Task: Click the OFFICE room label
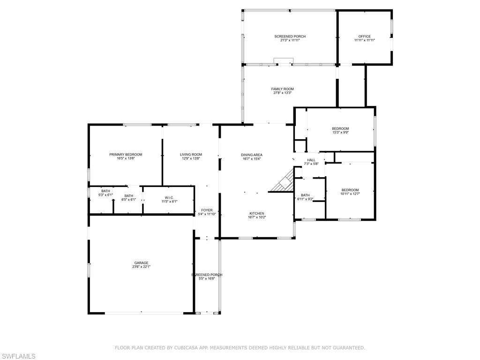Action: click(x=365, y=36)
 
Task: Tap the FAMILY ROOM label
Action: click(x=283, y=89)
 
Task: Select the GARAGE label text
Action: click(x=141, y=262)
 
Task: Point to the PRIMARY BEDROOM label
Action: click(x=126, y=155)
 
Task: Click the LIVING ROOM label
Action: click(x=191, y=155)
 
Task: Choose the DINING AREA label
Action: click(x=252, y=155)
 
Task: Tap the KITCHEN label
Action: click(x=257, y=213)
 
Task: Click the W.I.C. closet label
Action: click(x=169, y=198)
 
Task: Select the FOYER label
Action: click(x=207, y=210)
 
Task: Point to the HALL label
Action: click(x=311, y=160)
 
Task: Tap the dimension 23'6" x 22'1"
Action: click(x=141, y=267)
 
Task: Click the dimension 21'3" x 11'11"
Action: click(x=290, y=40)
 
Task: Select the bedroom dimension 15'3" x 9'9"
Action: click(x=340, y=133)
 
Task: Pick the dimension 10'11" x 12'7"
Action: click(x=350, y=194)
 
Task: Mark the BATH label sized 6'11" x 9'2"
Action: click(x=305, y=195)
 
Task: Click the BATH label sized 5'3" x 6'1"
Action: click(x=105, y=191)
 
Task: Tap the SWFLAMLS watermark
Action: click(x=18, y=356)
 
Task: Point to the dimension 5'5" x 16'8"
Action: click(x=207, y=278)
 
